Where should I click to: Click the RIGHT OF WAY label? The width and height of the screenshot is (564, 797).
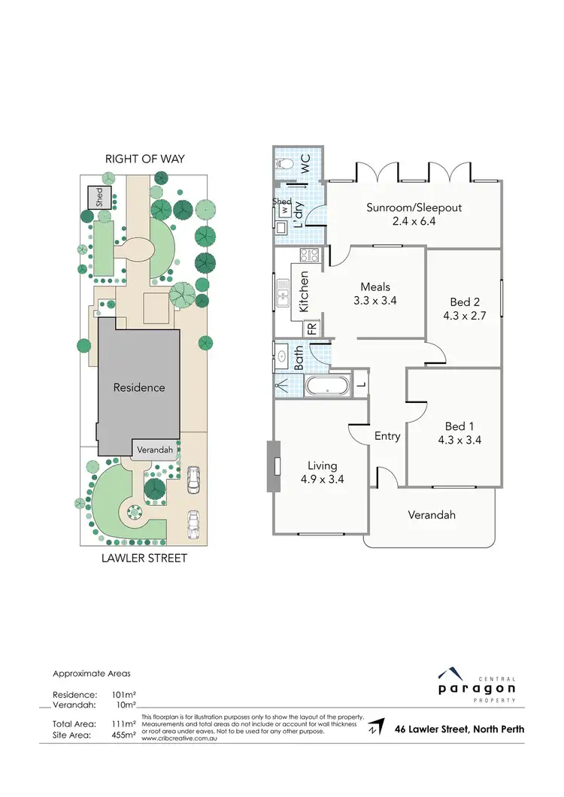[145, 159]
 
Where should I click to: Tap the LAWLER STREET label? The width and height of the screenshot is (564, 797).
[145, 558]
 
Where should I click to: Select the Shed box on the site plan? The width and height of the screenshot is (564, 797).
[99, 198]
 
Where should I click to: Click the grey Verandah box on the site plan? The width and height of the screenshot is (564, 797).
[156, 450]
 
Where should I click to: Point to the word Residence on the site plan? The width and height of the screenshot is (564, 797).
[138, 387]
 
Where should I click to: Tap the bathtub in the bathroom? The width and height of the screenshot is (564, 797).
[328, 386]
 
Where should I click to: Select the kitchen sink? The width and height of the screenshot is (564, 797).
[283, 293]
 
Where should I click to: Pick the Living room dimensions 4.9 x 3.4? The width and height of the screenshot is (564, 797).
[321, 479]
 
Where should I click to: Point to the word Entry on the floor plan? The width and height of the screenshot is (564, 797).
[387, 435]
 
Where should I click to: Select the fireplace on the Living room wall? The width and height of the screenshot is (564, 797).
[271, 465]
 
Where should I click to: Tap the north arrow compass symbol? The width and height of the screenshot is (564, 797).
[374, 728]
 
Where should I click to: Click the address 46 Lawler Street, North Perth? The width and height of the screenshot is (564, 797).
[459, 729]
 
